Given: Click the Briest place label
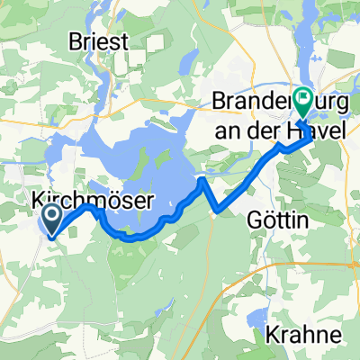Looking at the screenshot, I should point(98,41).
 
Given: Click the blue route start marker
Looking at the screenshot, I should point(51,217).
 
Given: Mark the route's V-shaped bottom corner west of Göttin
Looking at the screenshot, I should point(218,211).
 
